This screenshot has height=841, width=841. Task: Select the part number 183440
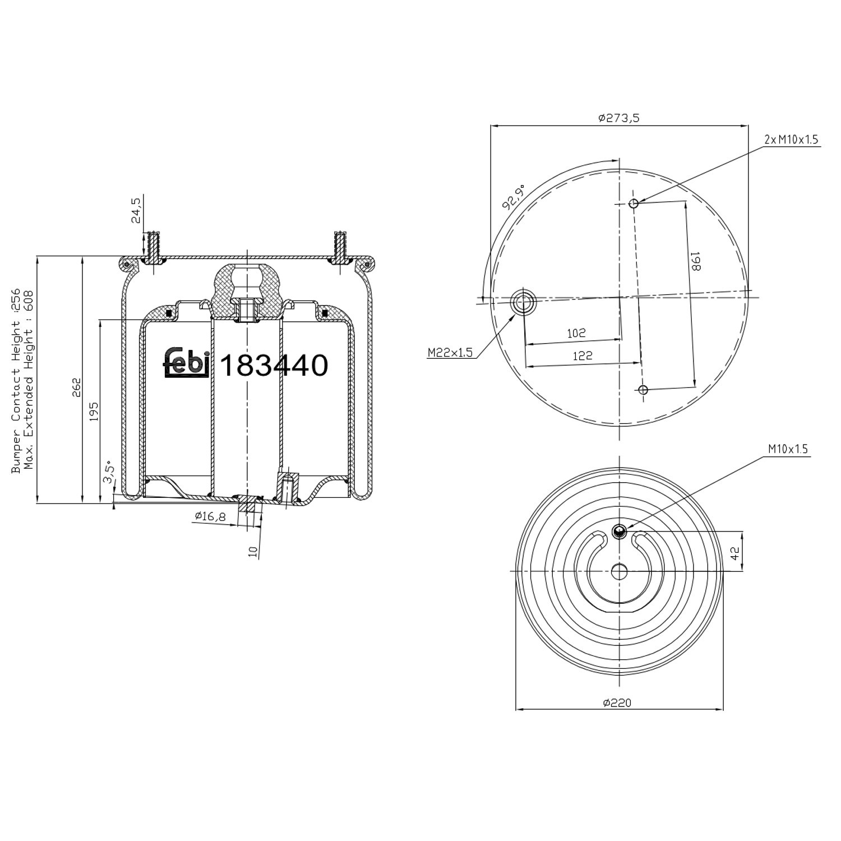[274, 366]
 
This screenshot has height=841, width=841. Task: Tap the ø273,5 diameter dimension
[619, 118]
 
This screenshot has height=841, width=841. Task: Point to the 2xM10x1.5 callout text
[791, 139]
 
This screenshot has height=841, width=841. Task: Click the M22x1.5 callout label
[450, 353]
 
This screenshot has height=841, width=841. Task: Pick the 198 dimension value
[695, 261]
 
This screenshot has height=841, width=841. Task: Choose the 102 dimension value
[576, 333]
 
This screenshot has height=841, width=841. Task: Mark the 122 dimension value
[583, 355]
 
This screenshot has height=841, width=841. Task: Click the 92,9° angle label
[514, 196]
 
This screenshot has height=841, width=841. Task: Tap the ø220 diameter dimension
[617, 703]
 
